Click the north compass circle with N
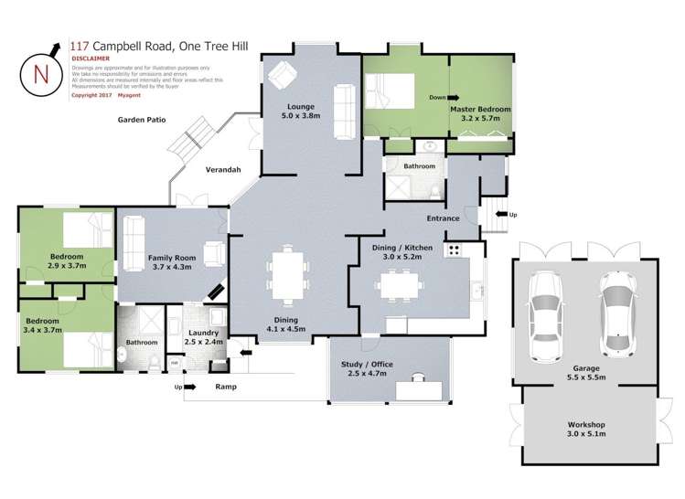tap(36, 72)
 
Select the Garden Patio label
tap(141, 120)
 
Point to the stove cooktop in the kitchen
tap(453, 249)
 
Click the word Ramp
tap(227, 387)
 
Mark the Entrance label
tap(442, 218)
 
